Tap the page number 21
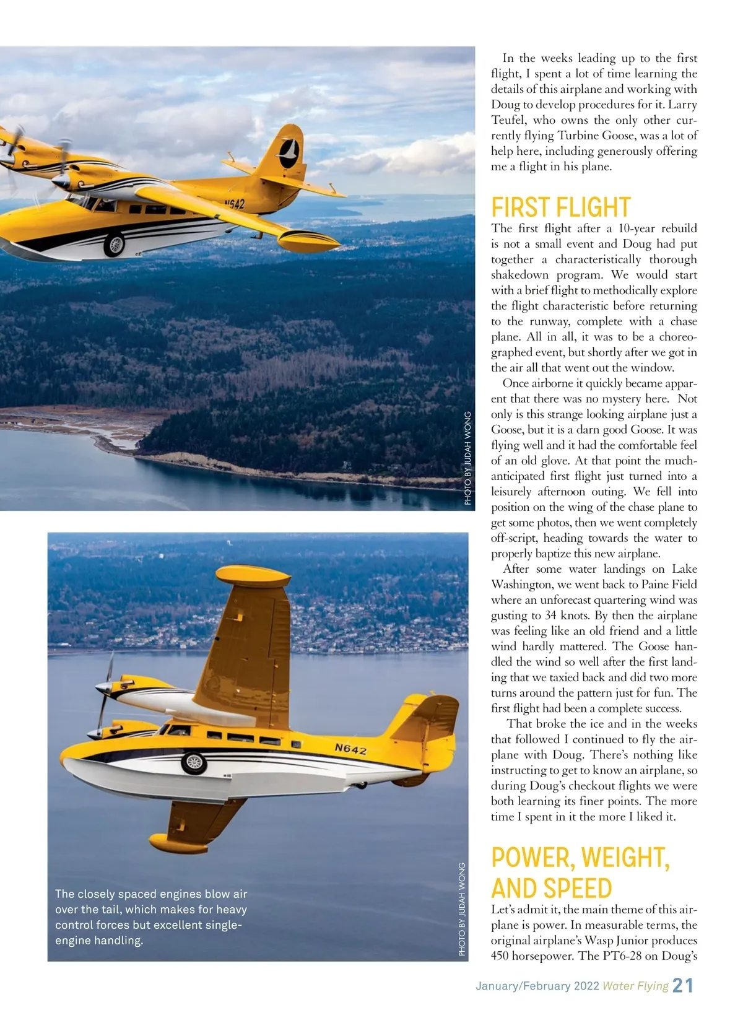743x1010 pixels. pyautogui.click(x=682, y=985)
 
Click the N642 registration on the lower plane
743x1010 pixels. pyautogui.click(x=350, y=749)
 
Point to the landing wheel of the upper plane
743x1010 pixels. pyautogui.click(x=114, y=244)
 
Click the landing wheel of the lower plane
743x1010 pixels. pyautogui.click(x=194, y=762)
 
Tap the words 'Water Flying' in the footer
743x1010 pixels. pyautogui.click(x=635, y=986)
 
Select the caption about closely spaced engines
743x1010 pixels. pyautogui.click(x=151, y=917)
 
